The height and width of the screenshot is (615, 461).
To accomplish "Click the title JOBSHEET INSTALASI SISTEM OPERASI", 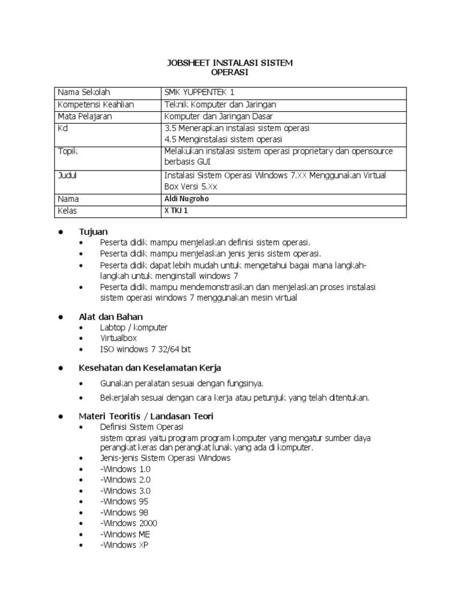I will click(229, 68).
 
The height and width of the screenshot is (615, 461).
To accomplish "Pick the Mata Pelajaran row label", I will click(85, 116).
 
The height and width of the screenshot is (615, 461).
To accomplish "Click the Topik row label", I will click(68, 151).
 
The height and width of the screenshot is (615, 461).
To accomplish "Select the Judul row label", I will click(67, 175).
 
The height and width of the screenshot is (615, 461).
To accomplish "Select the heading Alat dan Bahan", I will click(111, 317).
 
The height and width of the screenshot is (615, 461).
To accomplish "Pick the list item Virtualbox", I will click(119, 338).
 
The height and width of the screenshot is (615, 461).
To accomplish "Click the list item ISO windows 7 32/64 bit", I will click(146, 349).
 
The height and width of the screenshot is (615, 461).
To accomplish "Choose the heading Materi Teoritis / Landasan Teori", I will click(146, 416).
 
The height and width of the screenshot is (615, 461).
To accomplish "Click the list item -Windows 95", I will click(124, 501).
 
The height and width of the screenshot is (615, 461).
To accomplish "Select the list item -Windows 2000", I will click(128, 523).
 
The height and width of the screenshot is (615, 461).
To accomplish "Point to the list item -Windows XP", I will click(124, 545).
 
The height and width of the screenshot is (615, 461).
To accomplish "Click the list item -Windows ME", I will click(125, 534).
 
